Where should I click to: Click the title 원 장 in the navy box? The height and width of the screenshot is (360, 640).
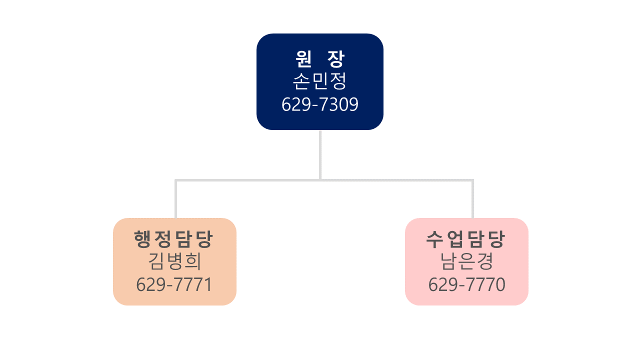[319, 59]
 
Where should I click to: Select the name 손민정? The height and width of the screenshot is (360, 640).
[319, 81]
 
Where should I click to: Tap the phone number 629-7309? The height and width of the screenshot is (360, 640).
[319, 104]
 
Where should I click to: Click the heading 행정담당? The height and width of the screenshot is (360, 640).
[173, 239]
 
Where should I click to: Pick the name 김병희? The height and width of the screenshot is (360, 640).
[174, 261]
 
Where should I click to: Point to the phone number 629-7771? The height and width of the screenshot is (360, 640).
[174, 284]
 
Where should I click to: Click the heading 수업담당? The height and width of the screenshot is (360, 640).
[465, 239]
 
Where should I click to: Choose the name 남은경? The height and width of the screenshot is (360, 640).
[467, 261]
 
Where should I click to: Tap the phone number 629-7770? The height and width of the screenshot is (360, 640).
[467, 284]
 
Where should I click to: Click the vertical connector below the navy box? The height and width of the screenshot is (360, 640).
[320, 155]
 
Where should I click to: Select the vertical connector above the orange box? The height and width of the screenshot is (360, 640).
[175, 199]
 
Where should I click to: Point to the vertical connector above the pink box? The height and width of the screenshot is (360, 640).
[472, 199]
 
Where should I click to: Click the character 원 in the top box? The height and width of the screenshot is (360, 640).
[303, 59]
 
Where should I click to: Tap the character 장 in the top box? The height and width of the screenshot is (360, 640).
[336, 59]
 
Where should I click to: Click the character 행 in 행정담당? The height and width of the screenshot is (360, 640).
[142, 239]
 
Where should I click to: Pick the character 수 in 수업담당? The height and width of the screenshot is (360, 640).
[434, 239]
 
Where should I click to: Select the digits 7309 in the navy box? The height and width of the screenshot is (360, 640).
[338, 104]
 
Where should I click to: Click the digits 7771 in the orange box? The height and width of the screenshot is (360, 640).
[193, 284]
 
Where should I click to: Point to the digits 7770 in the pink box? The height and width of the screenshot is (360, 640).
[485, 284]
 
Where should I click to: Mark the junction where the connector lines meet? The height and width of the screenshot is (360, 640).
[320, 180]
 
